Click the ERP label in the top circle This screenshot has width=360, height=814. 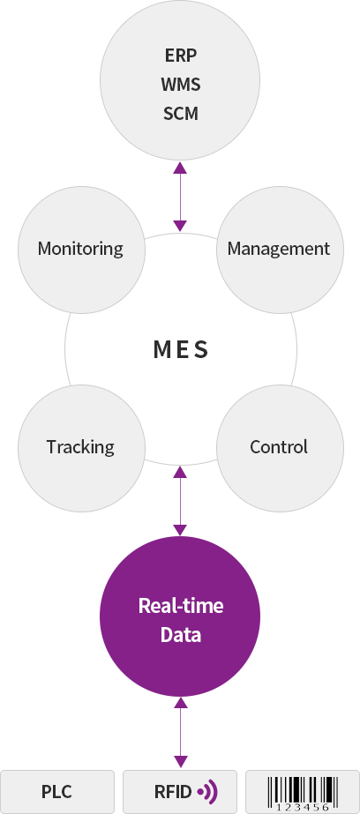[x=181, y=55]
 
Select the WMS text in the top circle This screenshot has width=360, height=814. [x=181, y=84]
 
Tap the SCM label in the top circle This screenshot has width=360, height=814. [x=181, y=113]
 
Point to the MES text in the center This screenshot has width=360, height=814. [x=181, y=350]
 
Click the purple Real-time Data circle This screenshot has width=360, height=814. [x=180, y=616]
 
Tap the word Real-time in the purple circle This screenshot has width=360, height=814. [x=181, y=605]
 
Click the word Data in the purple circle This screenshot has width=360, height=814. [x=181, y=634]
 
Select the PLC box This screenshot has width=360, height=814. [x=57, y=792]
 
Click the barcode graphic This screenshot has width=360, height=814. [x=303, y=794]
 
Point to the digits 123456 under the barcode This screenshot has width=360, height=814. [x=303, y=807]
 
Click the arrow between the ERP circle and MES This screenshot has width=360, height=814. [x=180, y=197]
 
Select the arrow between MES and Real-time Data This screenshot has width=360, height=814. [x=180, y=501]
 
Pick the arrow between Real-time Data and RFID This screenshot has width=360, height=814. [x=180, y=733]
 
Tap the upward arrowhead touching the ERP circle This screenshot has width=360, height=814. [x=180, y=168]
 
